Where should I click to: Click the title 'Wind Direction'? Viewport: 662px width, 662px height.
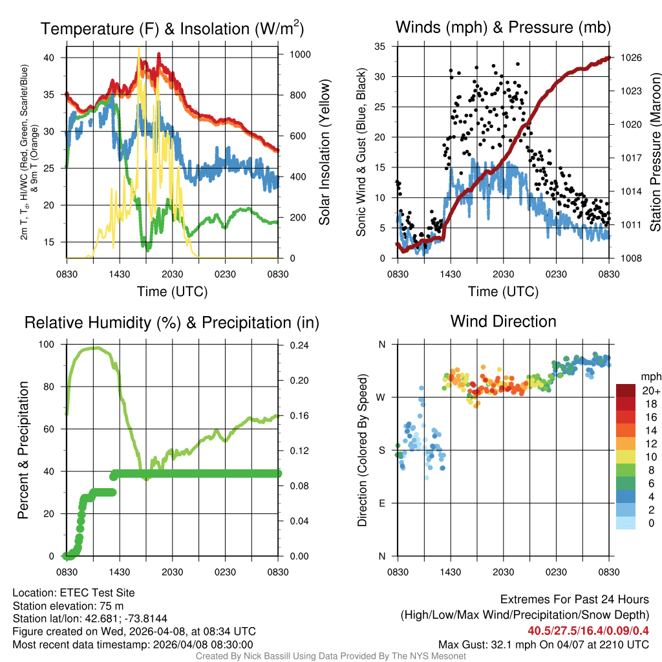tap(503, 321)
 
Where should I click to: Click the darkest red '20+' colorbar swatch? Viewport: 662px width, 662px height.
tap(626, 390)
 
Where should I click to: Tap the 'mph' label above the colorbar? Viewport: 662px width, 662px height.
tap(650, 376)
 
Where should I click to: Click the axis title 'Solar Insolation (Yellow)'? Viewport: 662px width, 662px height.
tap(324, 153)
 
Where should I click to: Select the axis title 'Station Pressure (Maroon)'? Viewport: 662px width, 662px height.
tap(655, 153)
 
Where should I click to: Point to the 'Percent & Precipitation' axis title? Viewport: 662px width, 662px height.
tap(23, 450)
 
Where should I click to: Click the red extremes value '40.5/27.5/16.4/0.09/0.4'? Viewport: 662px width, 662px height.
tap(588, 631)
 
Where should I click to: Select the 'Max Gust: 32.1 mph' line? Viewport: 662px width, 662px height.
tap(544, 645)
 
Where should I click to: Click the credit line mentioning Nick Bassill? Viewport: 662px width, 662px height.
tap(330, 656)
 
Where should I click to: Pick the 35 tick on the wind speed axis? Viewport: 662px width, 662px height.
tap(381, 47)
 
